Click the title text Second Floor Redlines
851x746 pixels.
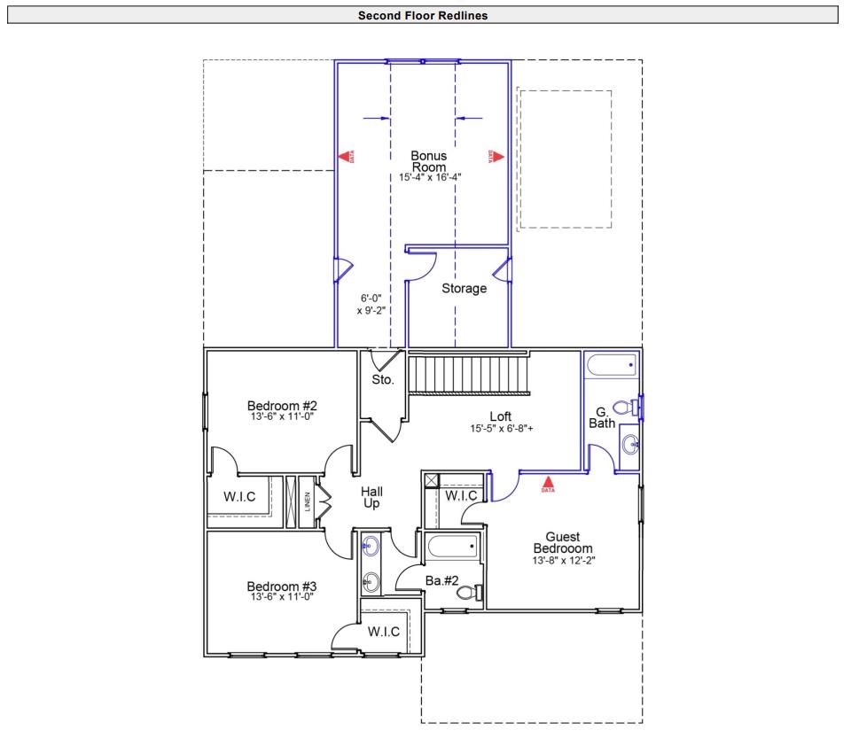pos(423,15)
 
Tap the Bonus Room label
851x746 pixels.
pos(429,161)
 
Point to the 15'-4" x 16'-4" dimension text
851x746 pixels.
pos(430,177)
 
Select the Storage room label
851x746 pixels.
pos(465,288)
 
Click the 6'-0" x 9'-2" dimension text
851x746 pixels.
pos(372,305)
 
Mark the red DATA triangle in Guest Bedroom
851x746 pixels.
pos(548,483)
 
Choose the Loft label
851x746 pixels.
pos(501,416)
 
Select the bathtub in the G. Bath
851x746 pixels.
pos(612,364)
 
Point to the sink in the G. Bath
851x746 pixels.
pos(630,444)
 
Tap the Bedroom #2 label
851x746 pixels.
pos(281,406)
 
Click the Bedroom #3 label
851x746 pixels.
pos(281,587)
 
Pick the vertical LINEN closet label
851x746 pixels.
pos(308,502)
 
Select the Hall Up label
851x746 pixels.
pos(371,497)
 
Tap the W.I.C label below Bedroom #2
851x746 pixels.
pos(239,497)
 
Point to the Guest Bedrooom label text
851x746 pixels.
pos(562,542)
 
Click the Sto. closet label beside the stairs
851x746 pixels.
pos(383,381)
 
